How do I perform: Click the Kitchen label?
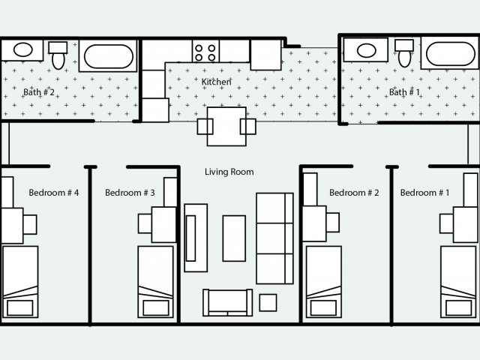217,82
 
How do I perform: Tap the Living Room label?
229,172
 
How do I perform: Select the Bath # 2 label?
39,91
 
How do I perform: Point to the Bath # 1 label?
404,91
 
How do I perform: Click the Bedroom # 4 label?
54,193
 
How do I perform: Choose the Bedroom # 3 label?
130,193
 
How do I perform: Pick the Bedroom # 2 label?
354,193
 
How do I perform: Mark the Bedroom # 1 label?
425,193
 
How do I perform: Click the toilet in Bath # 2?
58,55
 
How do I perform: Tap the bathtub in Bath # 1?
450,53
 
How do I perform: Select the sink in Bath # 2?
22,50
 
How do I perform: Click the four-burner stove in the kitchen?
205,51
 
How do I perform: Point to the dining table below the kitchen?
226,127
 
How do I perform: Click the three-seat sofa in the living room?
274,238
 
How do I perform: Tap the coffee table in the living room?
234,238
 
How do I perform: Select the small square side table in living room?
268,303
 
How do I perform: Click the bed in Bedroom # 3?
156,282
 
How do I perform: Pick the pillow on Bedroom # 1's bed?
458,307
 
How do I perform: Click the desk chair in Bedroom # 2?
333,223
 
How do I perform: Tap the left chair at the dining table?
205,127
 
